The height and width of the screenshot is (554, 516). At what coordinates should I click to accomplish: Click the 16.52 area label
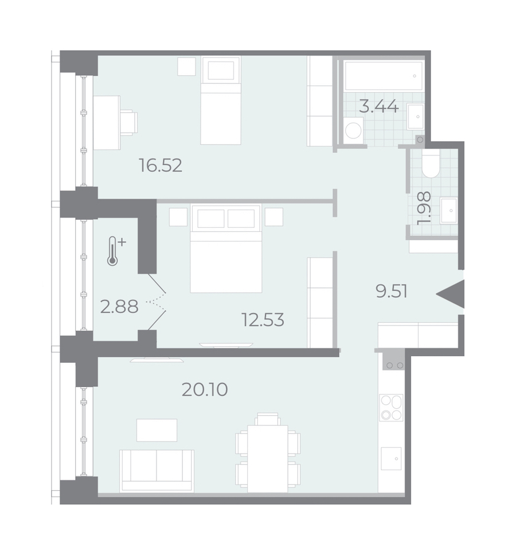[161, 165]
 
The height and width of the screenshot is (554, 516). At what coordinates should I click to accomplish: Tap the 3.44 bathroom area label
[379, 106]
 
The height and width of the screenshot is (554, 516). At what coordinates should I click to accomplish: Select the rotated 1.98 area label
[424, 208]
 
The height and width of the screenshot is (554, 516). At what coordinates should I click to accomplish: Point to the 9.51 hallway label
[392, 292]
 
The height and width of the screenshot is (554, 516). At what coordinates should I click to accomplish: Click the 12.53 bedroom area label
[263, 320]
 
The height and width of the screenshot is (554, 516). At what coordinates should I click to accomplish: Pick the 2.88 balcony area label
[119, 307]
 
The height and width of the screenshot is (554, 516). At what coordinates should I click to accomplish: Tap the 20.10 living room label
[205, 390]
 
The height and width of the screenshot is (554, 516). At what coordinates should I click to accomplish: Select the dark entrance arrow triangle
[450, 294]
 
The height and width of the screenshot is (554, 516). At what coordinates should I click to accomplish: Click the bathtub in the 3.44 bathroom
[384, 76]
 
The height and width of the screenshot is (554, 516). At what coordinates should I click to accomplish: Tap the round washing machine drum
[353, 130]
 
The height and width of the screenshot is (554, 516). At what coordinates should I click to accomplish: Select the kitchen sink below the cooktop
[391, 459]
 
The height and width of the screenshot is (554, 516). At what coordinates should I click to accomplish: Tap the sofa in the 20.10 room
[157, 471]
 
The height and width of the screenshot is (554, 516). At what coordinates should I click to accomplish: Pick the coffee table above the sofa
[157, 430]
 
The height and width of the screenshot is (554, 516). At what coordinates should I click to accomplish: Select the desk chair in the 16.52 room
[128, 122]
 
